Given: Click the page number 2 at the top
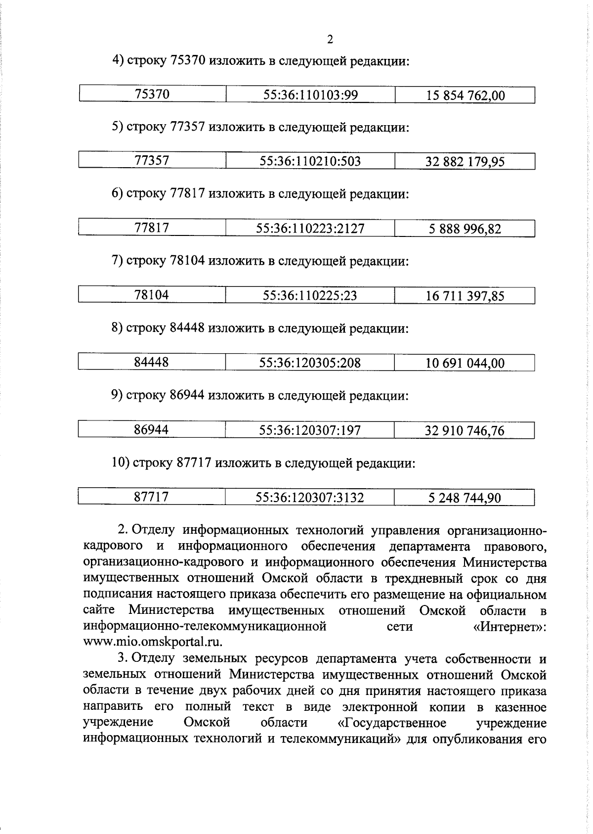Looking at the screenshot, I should tap(330, 40).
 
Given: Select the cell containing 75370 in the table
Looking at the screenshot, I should tap(152, 94).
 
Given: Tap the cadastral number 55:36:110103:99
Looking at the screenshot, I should tap(310, 95).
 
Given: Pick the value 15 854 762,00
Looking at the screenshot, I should tap(466, 95).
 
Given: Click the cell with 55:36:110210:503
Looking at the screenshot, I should tap(310, 161).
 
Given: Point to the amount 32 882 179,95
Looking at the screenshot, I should tap(465, 162).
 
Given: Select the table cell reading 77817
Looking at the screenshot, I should tap(152, 228).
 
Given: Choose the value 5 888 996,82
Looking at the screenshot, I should tap(465, 229).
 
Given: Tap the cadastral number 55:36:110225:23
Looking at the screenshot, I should tap(310, 296).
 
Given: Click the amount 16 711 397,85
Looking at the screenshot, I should tap(465, 296).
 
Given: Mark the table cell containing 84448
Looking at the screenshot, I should tap(152, 362).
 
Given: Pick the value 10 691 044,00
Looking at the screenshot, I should tap(465, 364).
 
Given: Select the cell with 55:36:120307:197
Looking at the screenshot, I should tap(310, 430).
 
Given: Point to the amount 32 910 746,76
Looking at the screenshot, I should tap(465, 431).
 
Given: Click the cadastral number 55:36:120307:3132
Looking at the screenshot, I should tap(310, 498).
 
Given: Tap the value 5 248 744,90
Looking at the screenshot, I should tap(465, 498).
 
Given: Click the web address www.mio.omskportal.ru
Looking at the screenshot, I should tap(153, 642).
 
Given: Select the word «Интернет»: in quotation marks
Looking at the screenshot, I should tap(509, 627).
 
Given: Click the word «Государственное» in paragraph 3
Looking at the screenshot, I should tap(391, 723).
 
